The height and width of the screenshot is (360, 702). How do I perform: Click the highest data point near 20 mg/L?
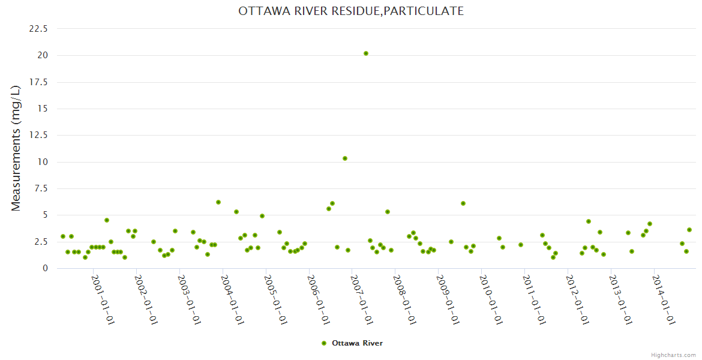tap(366, 53)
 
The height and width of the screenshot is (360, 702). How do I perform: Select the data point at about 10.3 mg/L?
tap(345, 158)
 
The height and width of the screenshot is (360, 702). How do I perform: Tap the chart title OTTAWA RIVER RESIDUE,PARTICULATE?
tap(351, 11)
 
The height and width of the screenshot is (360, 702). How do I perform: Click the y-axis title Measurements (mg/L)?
tap(16, 148)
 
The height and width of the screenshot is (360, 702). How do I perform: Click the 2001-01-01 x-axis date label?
tap(103, 299)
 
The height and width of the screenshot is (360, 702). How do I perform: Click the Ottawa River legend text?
tap(357, 343)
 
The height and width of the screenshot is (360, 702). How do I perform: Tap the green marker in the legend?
tap(324, 343)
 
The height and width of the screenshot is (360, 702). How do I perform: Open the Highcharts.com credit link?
tap(673, 355)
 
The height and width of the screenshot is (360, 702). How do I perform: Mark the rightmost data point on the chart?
tap(689, 230)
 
